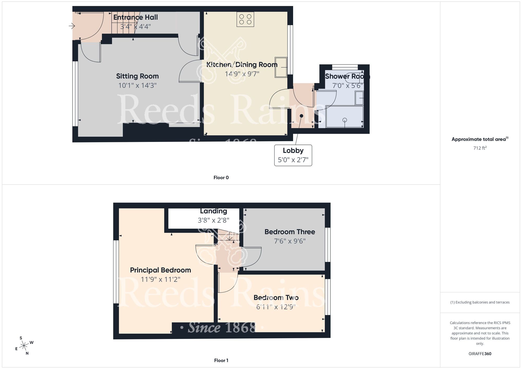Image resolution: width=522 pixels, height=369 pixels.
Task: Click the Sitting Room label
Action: (x=137, y=76)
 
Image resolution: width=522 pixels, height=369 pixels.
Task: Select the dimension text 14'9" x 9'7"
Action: (x=242, y=74)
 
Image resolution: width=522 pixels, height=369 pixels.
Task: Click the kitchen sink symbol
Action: (x=281, y=67)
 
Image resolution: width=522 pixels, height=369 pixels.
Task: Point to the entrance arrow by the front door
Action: (x=72, y=26)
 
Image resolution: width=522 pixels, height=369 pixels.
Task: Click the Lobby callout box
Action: (x=293, y=155)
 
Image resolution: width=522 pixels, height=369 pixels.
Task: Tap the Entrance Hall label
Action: (x=135, y=17)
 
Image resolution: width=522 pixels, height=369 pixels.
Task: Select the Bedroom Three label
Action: (x=289, y=232)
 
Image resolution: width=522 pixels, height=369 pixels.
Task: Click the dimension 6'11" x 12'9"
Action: (x=276, y=307)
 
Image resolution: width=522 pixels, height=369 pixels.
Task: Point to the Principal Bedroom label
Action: (x=160, y=270)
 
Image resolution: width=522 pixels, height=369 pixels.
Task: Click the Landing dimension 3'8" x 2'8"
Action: (x=213, y=220)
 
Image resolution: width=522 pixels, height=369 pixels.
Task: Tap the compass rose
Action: (x=24, y=346)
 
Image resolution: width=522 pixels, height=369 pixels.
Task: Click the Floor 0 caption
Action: (x=221, y=178)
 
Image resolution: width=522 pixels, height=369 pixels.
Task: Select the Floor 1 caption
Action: (x=221, y=360)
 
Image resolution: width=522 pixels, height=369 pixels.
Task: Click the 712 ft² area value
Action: (x=480, y=148)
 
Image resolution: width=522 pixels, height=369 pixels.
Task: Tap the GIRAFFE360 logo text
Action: (x=480, y=354)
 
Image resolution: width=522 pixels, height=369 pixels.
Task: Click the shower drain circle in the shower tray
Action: (x=345, y=120)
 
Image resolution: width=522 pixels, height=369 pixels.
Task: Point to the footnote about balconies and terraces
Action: (x=480, y=302)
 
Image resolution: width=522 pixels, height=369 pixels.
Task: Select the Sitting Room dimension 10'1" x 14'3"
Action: (x=137, y=86)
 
